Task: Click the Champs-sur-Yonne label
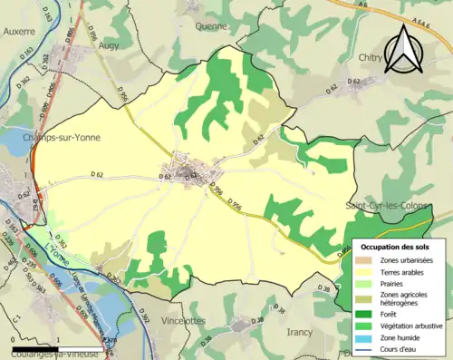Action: tap(63, 137)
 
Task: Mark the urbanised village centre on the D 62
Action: tap(193, 170)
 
